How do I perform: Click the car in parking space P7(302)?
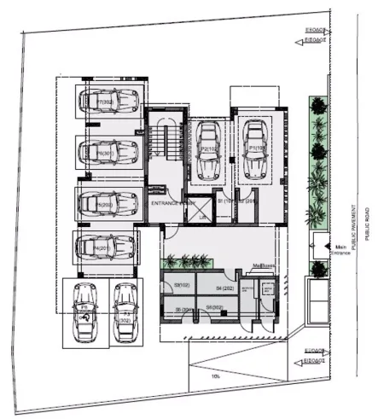(106, 102)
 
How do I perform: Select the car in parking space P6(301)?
(106, 154)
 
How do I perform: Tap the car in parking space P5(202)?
(107, 205)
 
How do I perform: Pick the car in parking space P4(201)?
(104, 248)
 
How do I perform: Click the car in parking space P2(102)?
(207, 147)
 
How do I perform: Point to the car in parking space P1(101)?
(253, 146)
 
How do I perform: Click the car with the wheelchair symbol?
(84, 311)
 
